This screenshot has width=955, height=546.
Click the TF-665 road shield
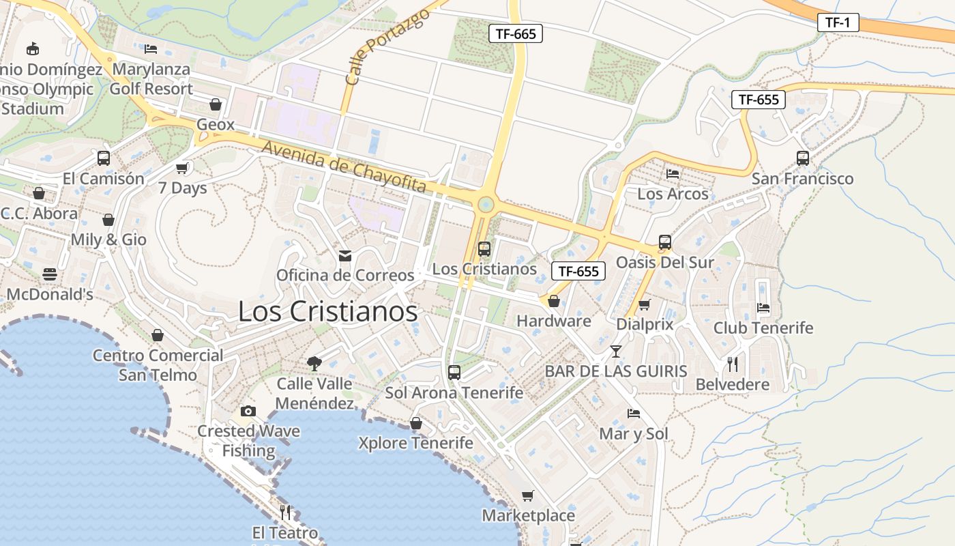coord(515,33)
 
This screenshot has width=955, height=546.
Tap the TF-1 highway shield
coord(838,23)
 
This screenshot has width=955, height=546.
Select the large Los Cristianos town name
coord(327,311)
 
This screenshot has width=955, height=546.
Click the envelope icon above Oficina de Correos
coord(345,256)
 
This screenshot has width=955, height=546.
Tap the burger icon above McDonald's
coord(50,274)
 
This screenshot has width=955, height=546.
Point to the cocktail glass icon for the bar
coord(616,351)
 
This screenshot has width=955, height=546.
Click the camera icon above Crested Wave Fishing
coord(248,411)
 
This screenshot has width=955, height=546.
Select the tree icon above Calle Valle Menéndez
coord(314,363)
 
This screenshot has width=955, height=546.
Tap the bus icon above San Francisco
coord(802,158)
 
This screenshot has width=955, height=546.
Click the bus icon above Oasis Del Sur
coord(664,242)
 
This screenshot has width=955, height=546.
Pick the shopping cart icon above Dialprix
coord(645,304)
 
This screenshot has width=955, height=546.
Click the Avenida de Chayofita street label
coord(344,167)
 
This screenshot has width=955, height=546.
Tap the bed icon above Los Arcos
coord(673,174)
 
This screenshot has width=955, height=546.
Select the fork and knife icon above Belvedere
coord(733,364)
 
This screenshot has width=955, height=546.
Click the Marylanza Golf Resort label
coord(151,79)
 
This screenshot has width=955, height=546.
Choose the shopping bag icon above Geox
coord(216,104)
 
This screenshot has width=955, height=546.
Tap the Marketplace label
coord(529,515)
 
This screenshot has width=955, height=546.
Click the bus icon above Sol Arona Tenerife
coord(454,373)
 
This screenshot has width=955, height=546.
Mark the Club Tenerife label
coord(763,328)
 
